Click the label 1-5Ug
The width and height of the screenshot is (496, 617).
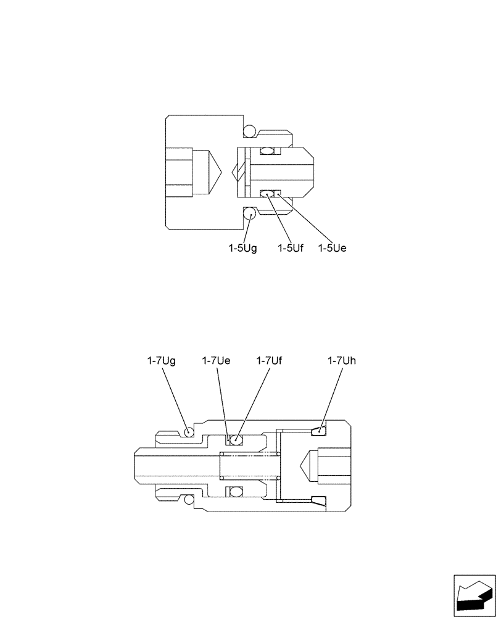[x=242, y=248]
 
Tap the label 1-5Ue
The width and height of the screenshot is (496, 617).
[x=333, y=248]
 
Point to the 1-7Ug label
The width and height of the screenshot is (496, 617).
[x=162, y=361]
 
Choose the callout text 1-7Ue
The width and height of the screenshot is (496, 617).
[x=216, y=361]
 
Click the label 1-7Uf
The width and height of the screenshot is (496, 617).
[x=270, y=361]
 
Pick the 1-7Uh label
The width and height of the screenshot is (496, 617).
[x=342, y=361]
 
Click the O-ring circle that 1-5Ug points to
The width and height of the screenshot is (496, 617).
[x=250, y=214]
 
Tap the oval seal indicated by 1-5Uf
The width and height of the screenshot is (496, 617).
[x=267, y=194]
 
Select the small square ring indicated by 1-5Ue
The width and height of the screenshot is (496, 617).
[x=278, y=194]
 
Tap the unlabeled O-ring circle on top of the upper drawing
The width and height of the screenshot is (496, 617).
[x=250, y=131]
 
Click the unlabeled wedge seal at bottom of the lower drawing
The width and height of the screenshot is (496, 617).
[x=320, y=500]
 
